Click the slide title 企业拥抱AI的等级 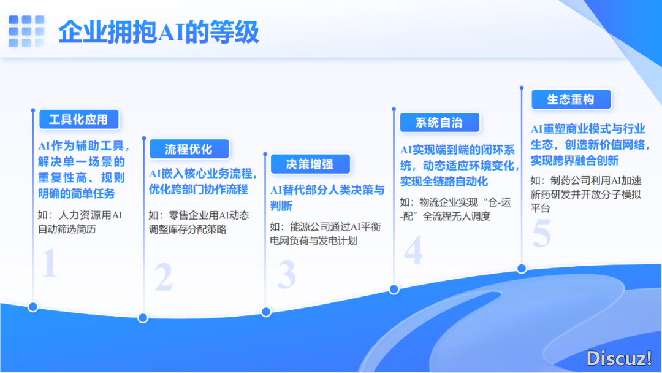[158, 32]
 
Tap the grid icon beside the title [26, 31]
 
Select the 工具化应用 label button [79, 120]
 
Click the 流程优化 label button [189, 149]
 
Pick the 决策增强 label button [310, 164]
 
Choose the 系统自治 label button [439, 123]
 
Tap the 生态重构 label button [571, 99]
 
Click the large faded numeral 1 [49, 263]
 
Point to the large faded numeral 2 [164, 277]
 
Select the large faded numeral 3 [287, 275]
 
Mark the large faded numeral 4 [413, 250]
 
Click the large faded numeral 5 [542, 233]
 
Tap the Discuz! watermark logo [618, 358]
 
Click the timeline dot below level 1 [33, 307]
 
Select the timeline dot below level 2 [143, 318]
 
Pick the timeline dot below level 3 [266, 312]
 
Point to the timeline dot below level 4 [394, 290]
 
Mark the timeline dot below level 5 [522, 269]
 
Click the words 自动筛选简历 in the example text [67, 229]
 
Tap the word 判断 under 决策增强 [281, 206]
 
